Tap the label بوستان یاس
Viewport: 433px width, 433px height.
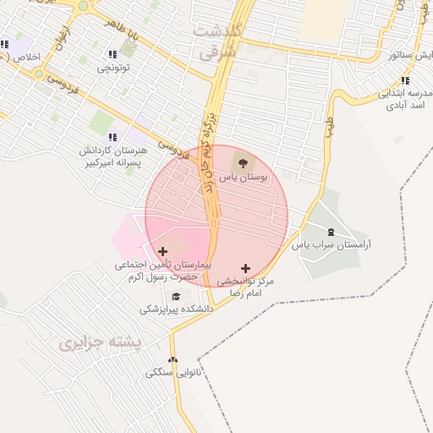[x=244, y=178]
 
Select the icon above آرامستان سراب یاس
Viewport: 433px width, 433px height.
[x=331, y=232]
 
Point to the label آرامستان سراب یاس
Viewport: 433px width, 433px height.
[x=332, y=245]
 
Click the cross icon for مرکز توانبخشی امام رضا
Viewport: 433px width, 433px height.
[x=246, y=268]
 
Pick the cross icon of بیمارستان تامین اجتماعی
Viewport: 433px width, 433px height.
[x=163, y=251]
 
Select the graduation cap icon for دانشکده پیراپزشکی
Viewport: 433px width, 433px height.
[x=176, y=296]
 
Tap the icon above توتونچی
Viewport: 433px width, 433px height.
[x=112, y=55]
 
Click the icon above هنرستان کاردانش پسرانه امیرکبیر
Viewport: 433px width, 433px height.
[x=112, y=137]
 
